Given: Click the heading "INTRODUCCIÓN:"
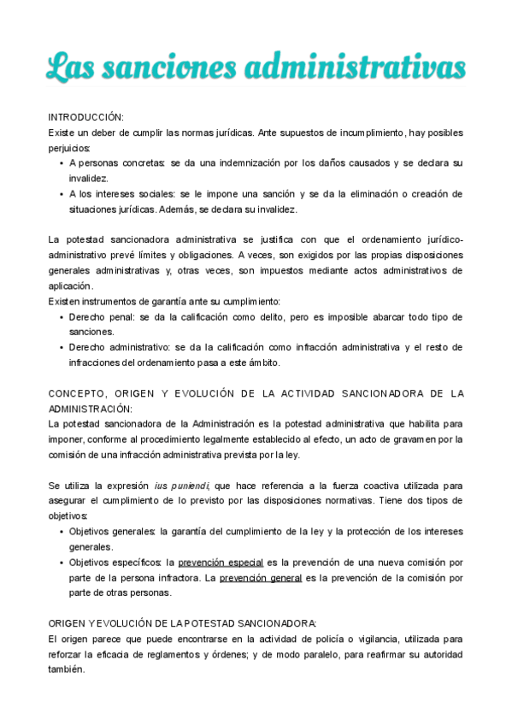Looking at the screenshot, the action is pyautogui.click(x=85, y=116).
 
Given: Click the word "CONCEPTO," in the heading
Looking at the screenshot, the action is pyautogui.click(x=78, y=394).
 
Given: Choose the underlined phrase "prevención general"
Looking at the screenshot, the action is pyautogui.click(x=261, y=578).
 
